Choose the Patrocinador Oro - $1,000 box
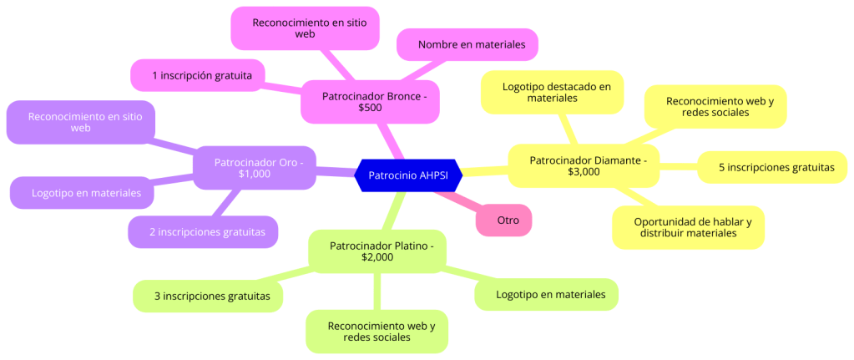point(254,167)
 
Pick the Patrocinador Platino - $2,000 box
point(376,251)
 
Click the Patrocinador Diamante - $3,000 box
point(582,165)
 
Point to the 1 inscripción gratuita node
point(197,75)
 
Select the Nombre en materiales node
point(467,44)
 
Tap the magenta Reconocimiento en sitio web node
point(305,28)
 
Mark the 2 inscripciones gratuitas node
point(202,231)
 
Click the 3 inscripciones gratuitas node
point(208,296)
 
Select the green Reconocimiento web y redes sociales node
point(376,331)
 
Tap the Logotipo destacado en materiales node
point(552,92)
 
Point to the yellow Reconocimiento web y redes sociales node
point(715,106)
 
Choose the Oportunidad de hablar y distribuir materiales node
point(688,227)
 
